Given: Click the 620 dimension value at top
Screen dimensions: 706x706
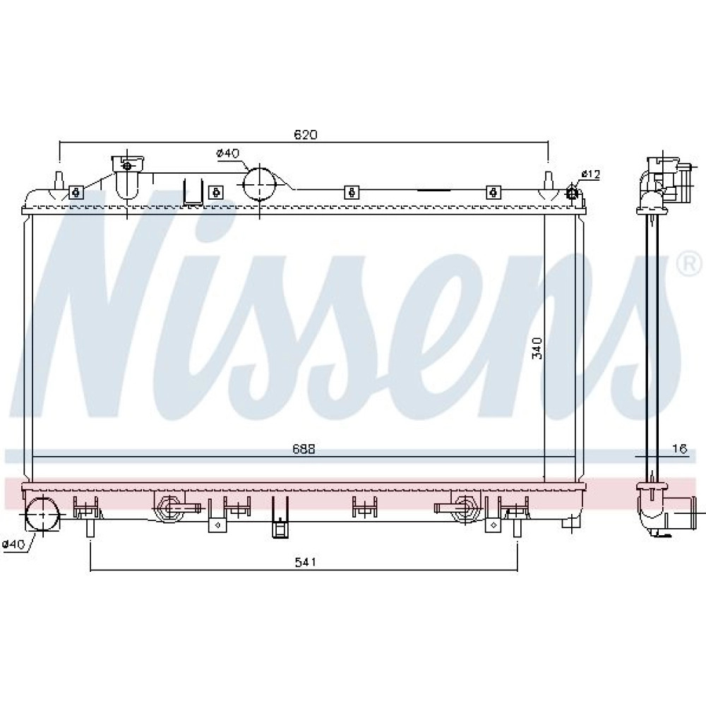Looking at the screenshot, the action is tap(305, 134).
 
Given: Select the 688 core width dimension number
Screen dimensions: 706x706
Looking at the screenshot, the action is tap(304, 449).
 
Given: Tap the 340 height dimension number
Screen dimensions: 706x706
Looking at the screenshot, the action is tap(537, 348).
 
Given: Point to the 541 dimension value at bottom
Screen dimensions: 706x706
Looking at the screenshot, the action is tap(305, 561).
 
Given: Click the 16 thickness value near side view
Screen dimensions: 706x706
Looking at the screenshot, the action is tap(681, 448).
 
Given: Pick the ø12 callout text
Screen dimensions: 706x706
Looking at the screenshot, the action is tap(591, 174).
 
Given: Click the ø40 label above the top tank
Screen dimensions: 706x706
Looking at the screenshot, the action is tap(228, 153).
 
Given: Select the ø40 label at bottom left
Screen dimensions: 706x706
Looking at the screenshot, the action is tap(13, 544).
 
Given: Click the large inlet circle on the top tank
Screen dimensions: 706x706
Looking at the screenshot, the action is tap(259, 184).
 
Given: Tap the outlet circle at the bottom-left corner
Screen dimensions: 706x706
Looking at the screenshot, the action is tap(42, 513).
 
